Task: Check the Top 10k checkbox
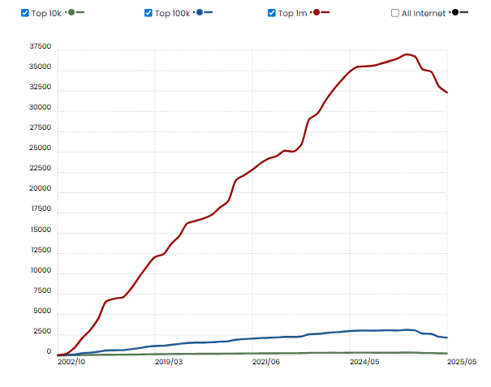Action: [x=25, y=13]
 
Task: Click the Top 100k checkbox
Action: [x=149, y=13]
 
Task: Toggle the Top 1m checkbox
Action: [x=272, y=13]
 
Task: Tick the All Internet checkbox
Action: [x=395, y=13]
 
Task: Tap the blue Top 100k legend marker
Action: [x=200, y=12]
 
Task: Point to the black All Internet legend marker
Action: [x=456, y=12]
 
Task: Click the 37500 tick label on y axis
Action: [x=39, y=46]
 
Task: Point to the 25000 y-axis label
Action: [x=39, y=148]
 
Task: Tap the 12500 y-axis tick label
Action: [x=39, y=251]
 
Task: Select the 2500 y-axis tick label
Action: [x=41, y=333]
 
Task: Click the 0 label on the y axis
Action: [x=48, y=353]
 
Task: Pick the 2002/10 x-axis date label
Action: [x=71, y=362]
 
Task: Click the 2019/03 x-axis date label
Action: [x=169, y=362]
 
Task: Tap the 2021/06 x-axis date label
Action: [x=267, y=362]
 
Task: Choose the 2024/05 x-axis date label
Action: [x=364, y=362]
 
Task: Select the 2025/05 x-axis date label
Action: [x=462, y=362]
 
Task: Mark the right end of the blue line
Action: [x=447, y=338]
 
